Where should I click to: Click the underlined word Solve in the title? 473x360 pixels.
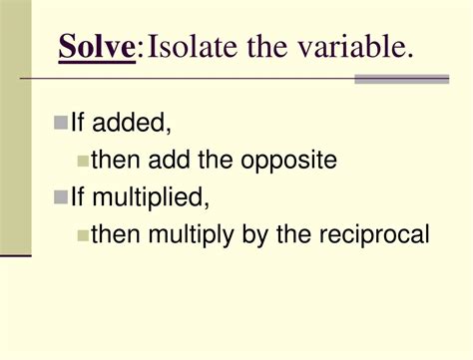[x=97, y=46]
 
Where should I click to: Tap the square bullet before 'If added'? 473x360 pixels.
[x=60, y=123]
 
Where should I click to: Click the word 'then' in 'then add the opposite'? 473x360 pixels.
[x=115, y=160]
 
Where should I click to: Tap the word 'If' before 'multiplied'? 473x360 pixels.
[x=78, y=197]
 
